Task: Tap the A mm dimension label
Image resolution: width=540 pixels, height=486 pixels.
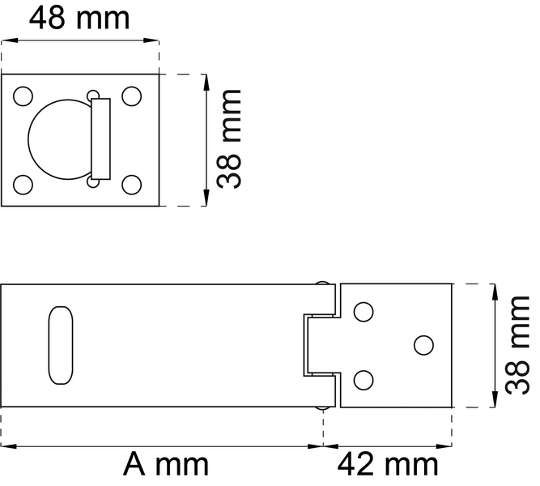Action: pos(166,465)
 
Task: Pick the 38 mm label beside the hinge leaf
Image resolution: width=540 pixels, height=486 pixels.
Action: pos(518,344)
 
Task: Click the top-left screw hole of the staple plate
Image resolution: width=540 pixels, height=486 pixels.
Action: pos(23,96)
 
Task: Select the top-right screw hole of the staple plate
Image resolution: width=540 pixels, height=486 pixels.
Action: pos(131,96)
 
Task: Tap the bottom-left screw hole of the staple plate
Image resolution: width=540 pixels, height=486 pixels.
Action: pos(23,185)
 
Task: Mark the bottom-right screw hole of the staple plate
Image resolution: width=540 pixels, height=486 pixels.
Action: pos(131,185)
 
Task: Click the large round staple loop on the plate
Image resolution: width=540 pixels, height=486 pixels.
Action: pos(57,139)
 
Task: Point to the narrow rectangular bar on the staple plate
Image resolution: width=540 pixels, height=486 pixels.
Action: pos(100,139)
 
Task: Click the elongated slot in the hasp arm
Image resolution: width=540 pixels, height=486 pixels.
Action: pos(61,345)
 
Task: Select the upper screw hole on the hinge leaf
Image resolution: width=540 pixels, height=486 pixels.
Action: pos(364,310)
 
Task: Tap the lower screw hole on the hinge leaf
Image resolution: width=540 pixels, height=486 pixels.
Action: pos(364,378)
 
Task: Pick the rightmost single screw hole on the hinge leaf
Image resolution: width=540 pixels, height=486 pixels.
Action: pos(423,344)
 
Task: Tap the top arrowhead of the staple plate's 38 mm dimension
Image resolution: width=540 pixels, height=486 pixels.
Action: pos(208,81)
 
